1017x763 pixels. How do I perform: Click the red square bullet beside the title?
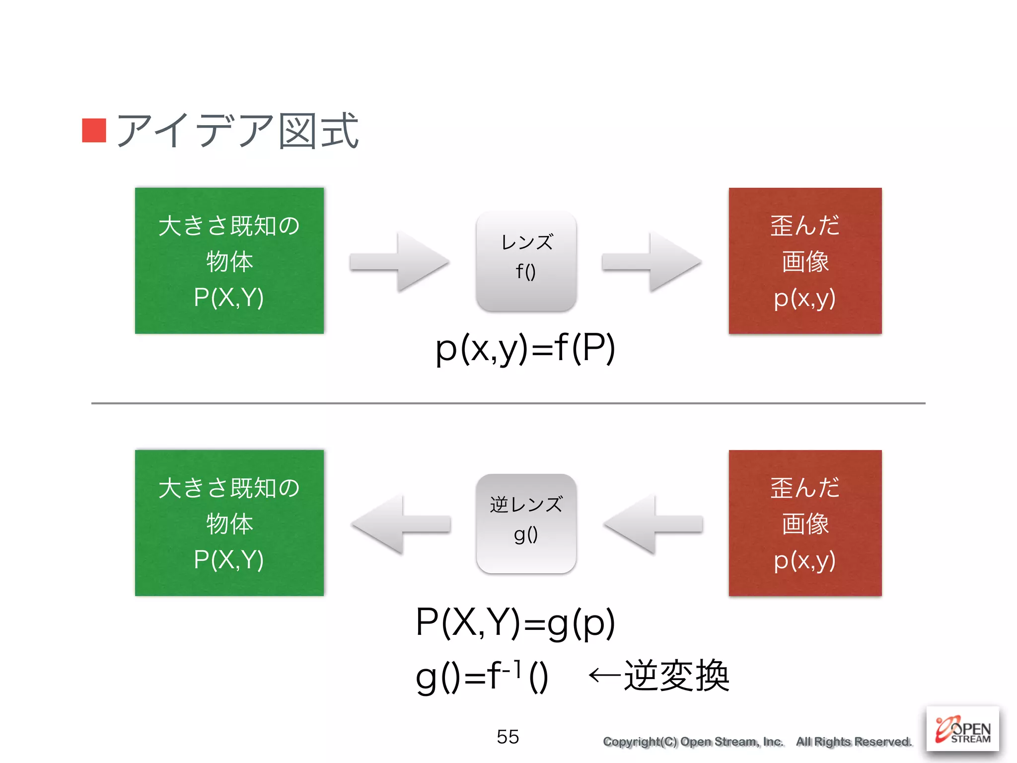94,130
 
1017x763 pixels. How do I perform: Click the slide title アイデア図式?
237,131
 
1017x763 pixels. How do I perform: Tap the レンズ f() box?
526,261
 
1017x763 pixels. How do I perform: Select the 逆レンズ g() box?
526,523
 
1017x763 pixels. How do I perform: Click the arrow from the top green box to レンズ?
399,261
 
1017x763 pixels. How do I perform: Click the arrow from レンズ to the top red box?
652,261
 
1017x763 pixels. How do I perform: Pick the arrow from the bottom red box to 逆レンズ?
654,524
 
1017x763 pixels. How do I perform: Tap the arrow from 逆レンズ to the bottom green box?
401,524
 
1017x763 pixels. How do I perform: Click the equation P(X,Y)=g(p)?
515,623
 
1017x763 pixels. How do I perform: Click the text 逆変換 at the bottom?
676,676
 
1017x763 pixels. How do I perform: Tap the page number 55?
508,737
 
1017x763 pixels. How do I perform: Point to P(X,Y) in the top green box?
229,298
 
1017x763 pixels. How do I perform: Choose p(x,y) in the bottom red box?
804,560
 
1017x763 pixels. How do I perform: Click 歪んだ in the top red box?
805,226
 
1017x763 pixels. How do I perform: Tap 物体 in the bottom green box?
229,524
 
